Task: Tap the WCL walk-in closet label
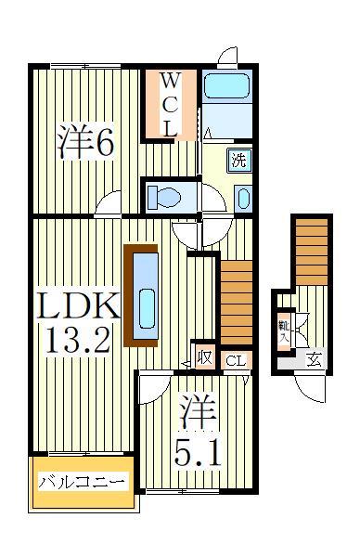(x=170, y=104)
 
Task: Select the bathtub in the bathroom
(x=225, y=85)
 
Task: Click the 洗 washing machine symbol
(x=239, y=158)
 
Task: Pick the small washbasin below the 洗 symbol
(x=241, y=197)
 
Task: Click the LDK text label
(x=77, y=305)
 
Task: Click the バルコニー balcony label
(x=82, y=483)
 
